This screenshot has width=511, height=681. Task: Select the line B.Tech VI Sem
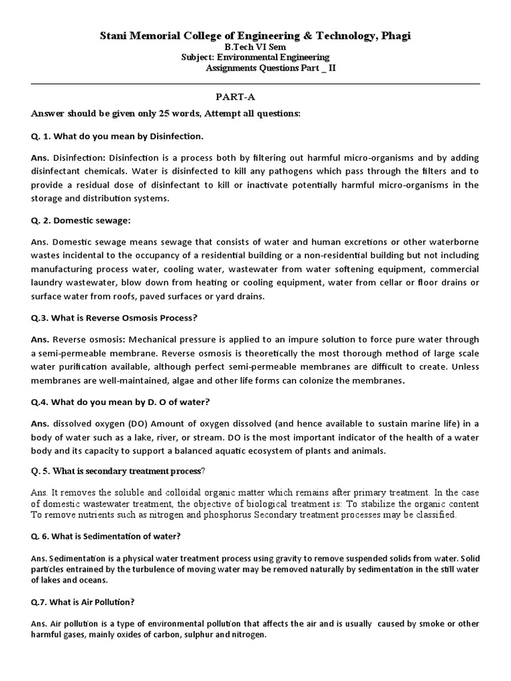point(255,48)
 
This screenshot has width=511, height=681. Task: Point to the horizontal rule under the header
point(255,84)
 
